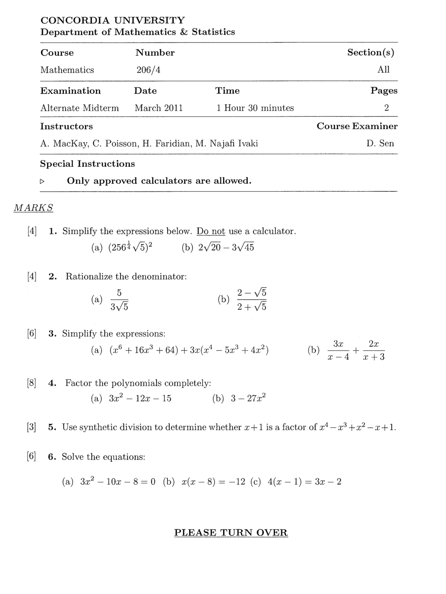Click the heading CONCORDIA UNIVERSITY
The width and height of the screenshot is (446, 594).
point(113,20)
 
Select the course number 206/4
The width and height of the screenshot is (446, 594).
point(148,70)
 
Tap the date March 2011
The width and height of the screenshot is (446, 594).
point(159,108)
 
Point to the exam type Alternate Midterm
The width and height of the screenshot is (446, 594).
point(80,108)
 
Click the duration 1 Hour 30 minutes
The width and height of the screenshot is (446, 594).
point(255,108)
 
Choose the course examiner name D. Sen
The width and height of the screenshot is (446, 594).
point(380,143)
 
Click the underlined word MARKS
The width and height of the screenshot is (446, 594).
point(33,208)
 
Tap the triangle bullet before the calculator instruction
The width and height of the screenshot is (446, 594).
point(42,182)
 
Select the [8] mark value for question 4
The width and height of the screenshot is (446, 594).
point(32,383)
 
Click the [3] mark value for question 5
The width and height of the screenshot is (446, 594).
point(32,427)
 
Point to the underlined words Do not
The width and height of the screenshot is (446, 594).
point(211,231)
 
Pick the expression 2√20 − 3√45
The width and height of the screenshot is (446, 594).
point(226,247)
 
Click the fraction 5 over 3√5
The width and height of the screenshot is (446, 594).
point(119,300)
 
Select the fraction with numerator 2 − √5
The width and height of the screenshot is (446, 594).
point(252,300)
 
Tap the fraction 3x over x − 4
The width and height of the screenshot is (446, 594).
point(338,350)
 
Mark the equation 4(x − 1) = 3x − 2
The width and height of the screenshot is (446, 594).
point(304,482)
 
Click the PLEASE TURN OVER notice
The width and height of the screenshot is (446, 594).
point(231,533)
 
